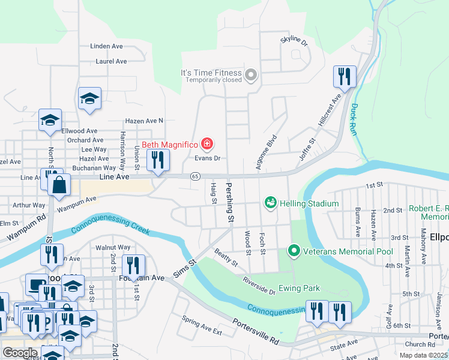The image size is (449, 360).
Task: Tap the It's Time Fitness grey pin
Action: [x=251, y=76]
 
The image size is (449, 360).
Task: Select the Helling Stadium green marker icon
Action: [x=270, y=203]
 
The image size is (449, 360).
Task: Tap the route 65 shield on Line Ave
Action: [x=195, y=176]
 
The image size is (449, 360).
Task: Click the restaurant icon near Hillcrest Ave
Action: [x=345, y=76]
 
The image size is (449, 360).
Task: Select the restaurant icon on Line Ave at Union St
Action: [x=158, y=160]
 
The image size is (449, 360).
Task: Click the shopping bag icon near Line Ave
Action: [x=60, y=185]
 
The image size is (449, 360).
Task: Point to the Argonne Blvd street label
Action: [x=267, y=151]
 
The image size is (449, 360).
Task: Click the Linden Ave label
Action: [x=106, y=46]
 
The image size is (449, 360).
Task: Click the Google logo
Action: [x=20, y=352]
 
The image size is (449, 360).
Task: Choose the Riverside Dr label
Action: [x=259, y=286]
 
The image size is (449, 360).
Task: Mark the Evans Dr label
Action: [x=209, y=158]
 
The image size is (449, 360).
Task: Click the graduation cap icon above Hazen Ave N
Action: [x=89, y=98]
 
